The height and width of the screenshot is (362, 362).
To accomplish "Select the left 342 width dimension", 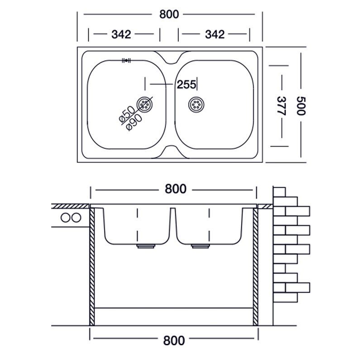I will [121, 34].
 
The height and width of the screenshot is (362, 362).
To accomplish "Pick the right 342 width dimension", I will [214, 34].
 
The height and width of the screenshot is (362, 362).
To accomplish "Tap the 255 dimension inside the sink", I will [186, 84].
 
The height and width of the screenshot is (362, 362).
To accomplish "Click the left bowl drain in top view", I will [145, 105].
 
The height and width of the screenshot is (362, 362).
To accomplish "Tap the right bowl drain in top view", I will [197, 105].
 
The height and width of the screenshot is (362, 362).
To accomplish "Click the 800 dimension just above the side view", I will [175, 189].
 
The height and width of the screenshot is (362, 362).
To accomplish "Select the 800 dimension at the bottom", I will [175, 340].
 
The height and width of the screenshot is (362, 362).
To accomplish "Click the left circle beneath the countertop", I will [66, 217].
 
